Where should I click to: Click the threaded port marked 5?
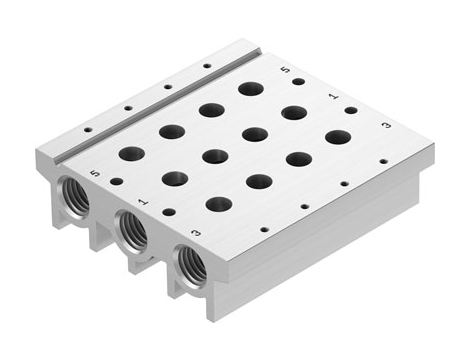coord(76,193)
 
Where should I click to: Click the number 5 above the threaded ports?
coord(93,172)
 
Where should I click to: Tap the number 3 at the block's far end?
coord(384,127)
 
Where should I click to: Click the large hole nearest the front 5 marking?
coord(131,154)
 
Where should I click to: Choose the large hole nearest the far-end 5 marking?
coord(250,89)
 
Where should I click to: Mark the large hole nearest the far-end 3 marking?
coord(338,136)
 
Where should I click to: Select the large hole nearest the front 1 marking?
coord(174,179)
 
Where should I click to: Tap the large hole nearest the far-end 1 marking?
coord(294,112)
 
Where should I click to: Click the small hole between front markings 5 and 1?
coord(117,182)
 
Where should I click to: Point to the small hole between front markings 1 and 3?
coord(168,212)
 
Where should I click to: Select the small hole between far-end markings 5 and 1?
coord(298,82)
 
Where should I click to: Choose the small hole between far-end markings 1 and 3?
coord(350,110)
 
